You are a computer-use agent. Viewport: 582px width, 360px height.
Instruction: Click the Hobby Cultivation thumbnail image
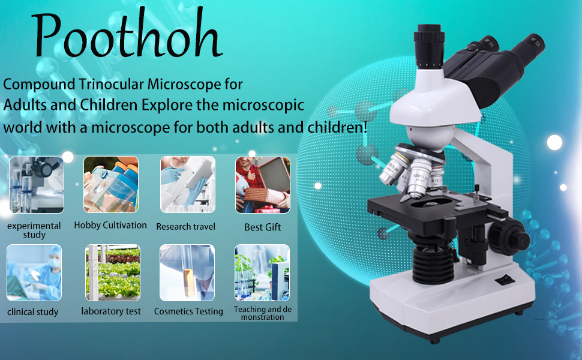[x=110, y=185]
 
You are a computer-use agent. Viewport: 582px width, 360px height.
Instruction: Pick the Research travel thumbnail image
[x=187, y=185]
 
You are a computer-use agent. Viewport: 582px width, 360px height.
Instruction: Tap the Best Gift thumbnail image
[x=262, y=185]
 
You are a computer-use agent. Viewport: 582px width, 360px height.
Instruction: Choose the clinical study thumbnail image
[x=34, y=272]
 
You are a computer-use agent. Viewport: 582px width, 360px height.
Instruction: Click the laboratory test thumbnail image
[x=112, y=272]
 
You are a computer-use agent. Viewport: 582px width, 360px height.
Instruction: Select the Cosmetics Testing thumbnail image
[x=187, y=272]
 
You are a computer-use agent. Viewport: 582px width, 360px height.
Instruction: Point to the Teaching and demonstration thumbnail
[x=262, y=272]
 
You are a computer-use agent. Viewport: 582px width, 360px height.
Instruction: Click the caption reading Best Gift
[x=262, y=227]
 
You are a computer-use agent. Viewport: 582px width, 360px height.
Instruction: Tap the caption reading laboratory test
[x=111, y=311]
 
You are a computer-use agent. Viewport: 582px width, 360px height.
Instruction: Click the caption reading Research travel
[x=185, y=227]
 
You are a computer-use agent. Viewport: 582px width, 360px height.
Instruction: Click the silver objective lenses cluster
[x=408, y=171]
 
